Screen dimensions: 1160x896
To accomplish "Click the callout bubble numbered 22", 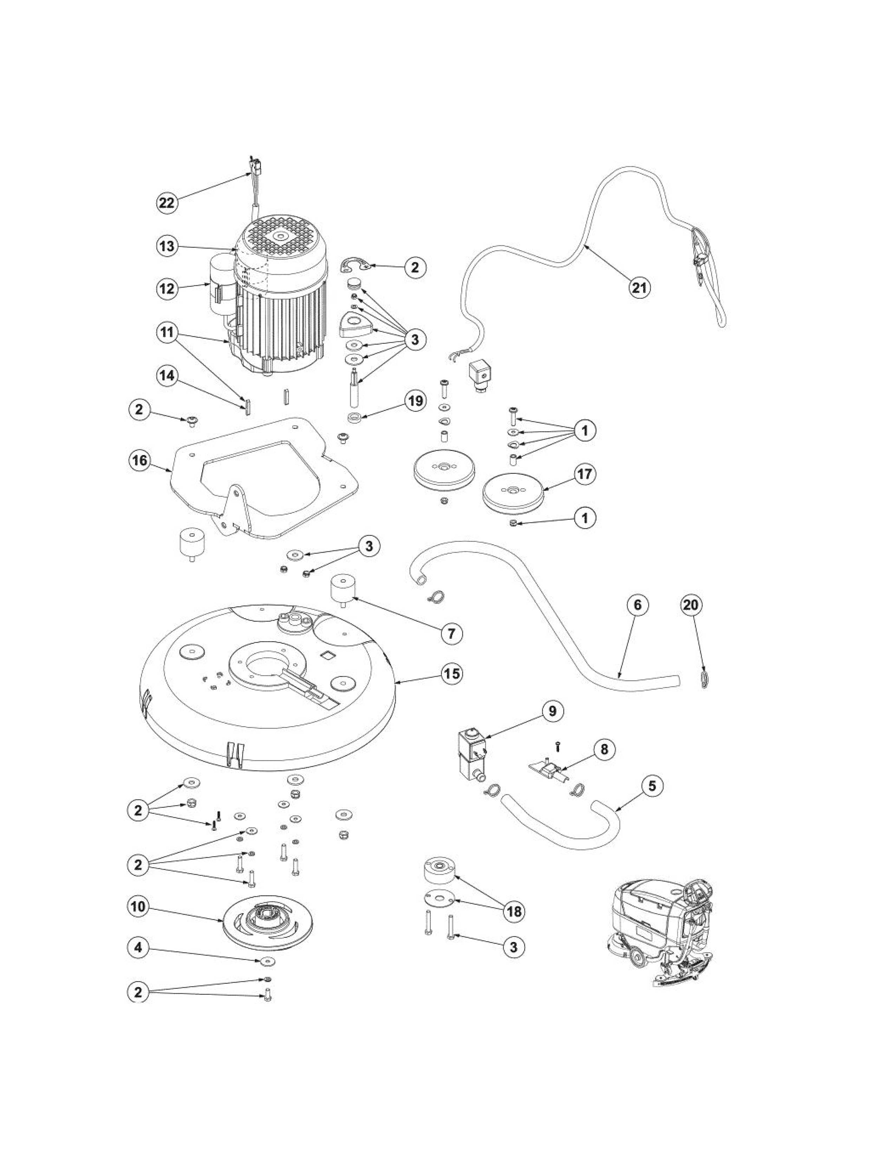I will pyautogui.click(x=167, y=204).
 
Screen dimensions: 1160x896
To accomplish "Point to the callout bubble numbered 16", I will pyautogui.click(x=139, y=460).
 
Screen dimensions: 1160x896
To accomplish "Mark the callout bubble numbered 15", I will pyautogui.click(x=452, y=674).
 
